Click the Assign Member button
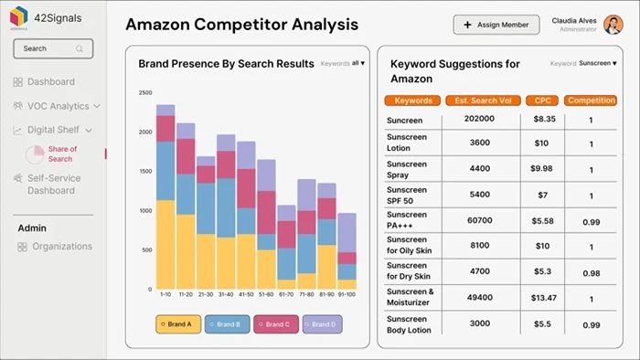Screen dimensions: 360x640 click(496, 25)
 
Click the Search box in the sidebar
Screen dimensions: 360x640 click(53, 48)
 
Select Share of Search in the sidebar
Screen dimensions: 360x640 click(61, 154)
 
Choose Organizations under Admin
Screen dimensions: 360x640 click(62, 247)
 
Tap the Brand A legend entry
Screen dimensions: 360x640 click(177, 323)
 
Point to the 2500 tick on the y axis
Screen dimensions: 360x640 click(144, 93)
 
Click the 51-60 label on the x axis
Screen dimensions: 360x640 click(266, 295)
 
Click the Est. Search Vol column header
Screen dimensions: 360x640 click(483, 101)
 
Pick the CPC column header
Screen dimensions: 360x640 click(542, 101)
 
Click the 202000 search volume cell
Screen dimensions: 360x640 click(479, 120)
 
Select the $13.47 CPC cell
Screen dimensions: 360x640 click(543, 298)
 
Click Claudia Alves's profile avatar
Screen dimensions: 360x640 click(613, 25)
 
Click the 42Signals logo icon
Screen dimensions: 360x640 click(18, 16)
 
